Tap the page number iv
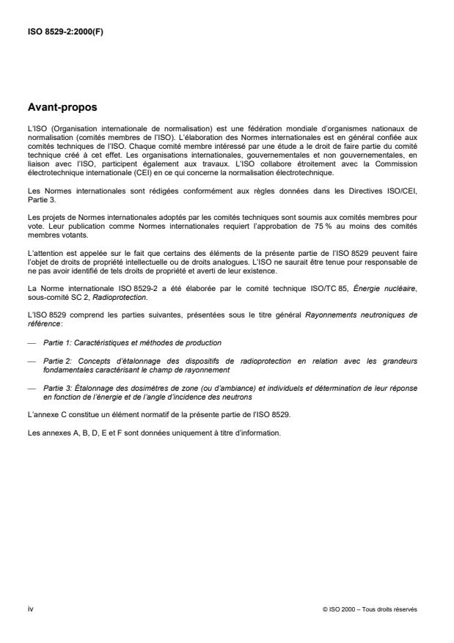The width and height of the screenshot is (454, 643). click(30, 608)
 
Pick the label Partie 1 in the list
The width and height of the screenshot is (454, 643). click(54, 343)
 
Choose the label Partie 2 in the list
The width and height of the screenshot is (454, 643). click(54, 360)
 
